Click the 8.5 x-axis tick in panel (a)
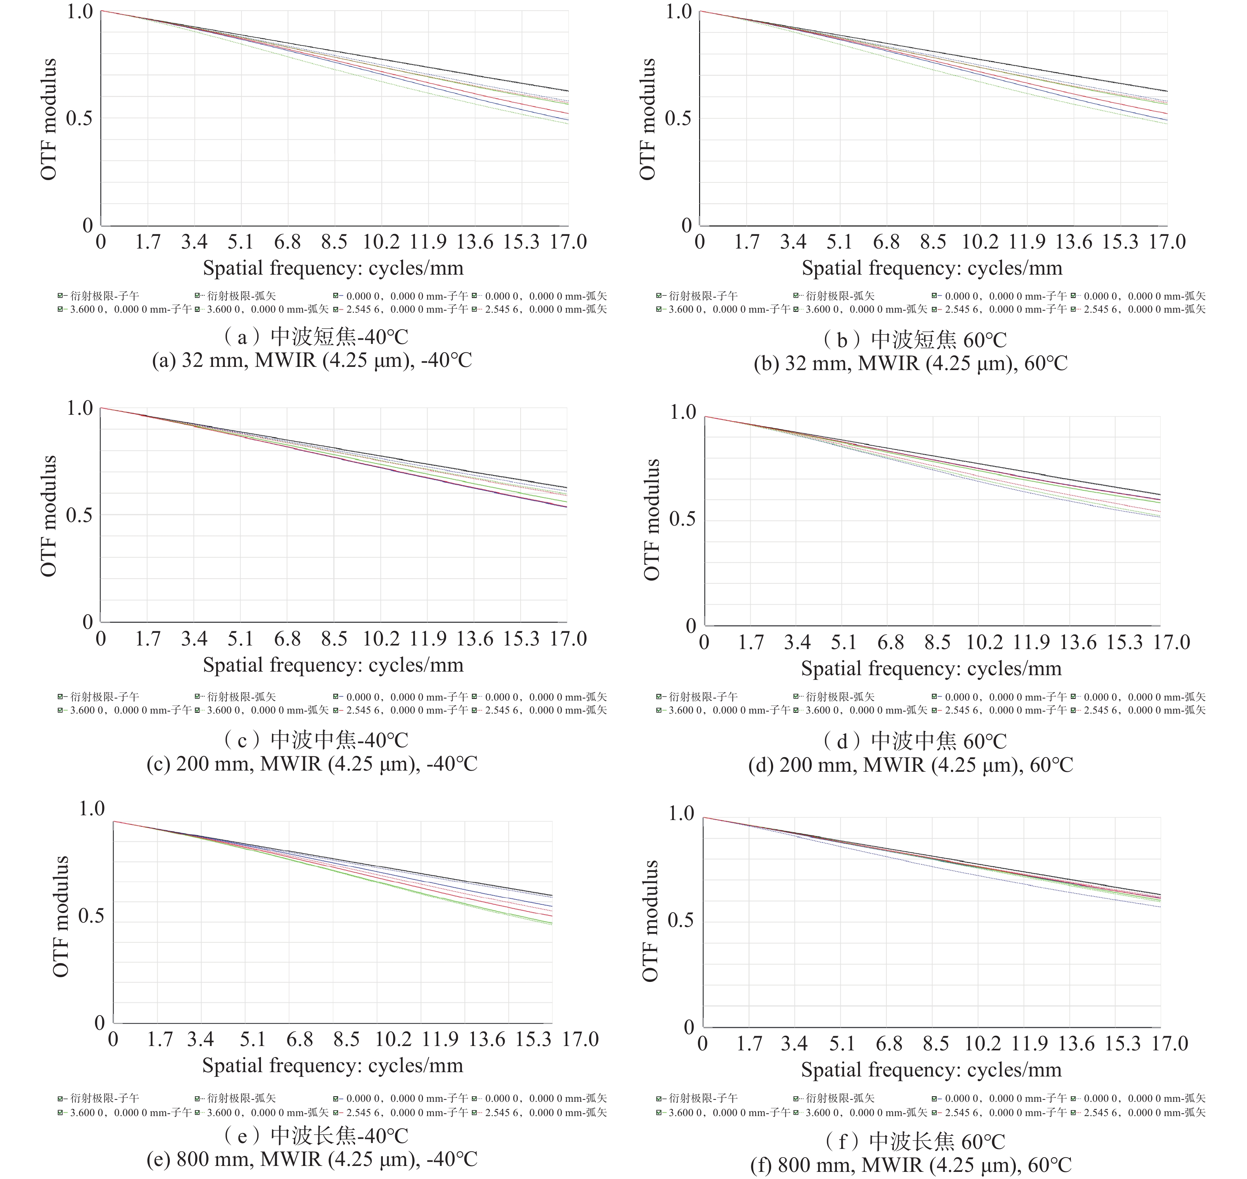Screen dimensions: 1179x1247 pos(334,242)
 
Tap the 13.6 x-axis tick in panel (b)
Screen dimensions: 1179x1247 pos(1074,242)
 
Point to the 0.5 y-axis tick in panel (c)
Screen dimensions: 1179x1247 pos(79,515)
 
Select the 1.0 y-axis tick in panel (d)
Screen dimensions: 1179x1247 pos(682,412)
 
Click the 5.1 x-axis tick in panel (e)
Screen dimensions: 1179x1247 pos(253,1039)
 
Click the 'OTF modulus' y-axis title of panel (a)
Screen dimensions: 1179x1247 pos(49,120)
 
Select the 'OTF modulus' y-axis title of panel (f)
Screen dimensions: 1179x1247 pos(650,921)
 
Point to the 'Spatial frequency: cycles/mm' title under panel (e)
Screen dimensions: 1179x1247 pos(333,1065)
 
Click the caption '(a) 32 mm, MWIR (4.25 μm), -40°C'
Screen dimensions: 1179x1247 pos(312,361)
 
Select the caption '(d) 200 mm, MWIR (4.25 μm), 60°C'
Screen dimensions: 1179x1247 pos(911,765)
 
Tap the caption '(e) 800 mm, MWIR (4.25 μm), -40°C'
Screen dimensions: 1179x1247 pos(312,1159)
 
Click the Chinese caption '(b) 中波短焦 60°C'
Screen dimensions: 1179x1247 pos(914,340)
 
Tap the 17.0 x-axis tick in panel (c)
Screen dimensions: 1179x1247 pos(568,639)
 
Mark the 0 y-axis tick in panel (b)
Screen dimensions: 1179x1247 pos(686,225)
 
